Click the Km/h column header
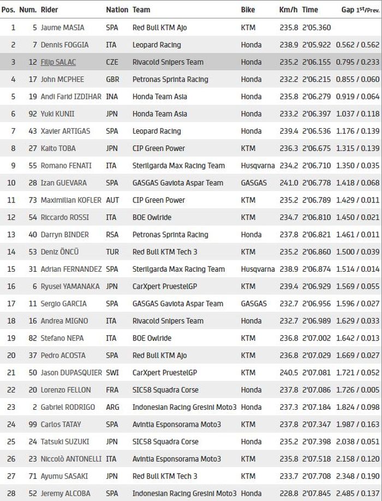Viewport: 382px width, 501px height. coord(288,10)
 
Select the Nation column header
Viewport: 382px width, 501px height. coord(117,10)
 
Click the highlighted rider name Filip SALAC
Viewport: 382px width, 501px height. coord(58,62)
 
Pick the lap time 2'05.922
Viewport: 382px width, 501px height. coord(317,45)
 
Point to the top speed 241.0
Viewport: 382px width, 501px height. coord(288,183)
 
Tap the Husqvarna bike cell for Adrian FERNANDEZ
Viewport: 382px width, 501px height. coord(258,269)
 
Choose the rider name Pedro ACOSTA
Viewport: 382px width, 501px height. coord(63,355)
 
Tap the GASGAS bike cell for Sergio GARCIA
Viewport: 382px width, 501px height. coord(254,303)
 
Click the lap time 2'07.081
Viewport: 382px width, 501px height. coord(317,373)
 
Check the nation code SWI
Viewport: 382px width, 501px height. coord(114,373)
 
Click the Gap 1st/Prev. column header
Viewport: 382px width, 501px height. coord(360,10)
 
